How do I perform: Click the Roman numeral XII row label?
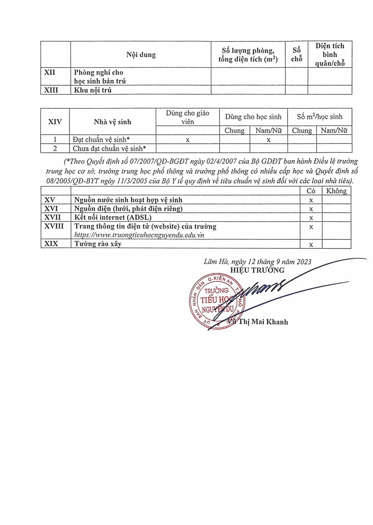pos(50,72)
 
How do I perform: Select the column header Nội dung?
pos(141,55)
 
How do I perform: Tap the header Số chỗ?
pos(296,54)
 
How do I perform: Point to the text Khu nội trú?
pos(93,90)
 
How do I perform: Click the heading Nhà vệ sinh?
pos(112,122)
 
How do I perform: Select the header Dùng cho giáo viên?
pos(187,117)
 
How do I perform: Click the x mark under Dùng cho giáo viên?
pos(188,140)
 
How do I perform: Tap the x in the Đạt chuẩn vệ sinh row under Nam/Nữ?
pos(269,140)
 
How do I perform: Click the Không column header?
pos(336,191)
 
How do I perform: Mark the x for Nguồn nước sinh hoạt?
pos(311,200)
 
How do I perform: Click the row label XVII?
pos(53,217)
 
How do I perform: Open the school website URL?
pos(139,235)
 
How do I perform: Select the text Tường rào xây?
pos(98,244)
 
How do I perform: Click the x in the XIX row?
pos(311,244)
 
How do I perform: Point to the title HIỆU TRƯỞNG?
pos(264,270)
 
